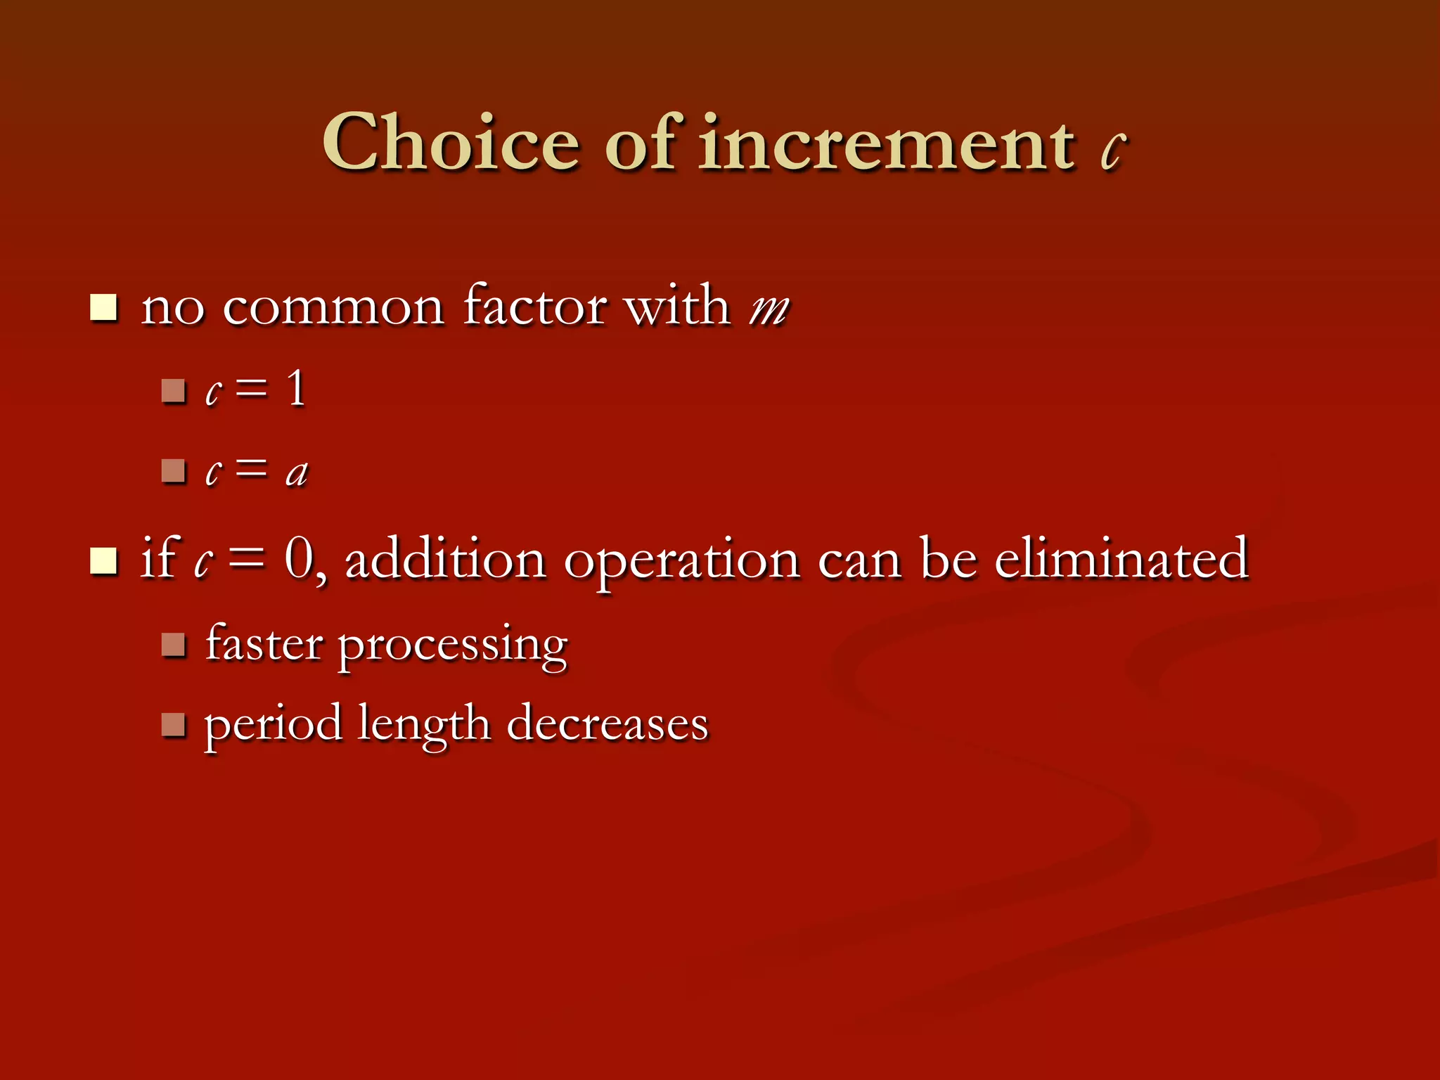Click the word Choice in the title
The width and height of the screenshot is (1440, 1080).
(x=451, y=143)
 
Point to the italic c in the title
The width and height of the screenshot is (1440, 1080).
(x=1112, y=150)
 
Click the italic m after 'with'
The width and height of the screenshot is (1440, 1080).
(x=769, y=309)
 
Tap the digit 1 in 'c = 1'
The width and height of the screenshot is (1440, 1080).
(x=297, y=388)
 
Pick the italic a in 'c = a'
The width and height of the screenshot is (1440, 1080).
(x=297, y=472)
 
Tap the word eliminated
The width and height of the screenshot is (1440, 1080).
(x=1121, y=559)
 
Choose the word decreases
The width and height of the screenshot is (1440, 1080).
(x=607, y=724)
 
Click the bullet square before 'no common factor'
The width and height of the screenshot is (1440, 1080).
(x=103, y=308)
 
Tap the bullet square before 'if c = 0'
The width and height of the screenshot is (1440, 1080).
(x=103, y=560)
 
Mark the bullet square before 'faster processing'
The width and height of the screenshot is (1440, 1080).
(x=172, y=644)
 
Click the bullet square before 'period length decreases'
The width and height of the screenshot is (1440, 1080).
(x=172, y=724)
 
